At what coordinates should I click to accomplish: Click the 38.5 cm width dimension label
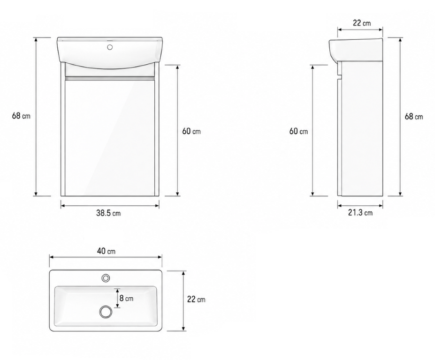[108, 213]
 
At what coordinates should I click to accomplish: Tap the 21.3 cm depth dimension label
[360, 212]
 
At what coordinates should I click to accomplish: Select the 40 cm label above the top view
[106, 251]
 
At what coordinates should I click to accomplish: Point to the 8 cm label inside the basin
[126, 298]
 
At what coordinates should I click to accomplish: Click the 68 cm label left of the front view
[21, 116]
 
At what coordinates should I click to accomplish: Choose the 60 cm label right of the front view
[191, 131]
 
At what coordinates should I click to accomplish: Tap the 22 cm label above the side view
[361, 23]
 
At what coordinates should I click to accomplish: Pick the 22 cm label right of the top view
[196, 300]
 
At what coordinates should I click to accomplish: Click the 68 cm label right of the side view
[413, 116]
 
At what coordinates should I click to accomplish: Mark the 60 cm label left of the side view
[298, 131]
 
